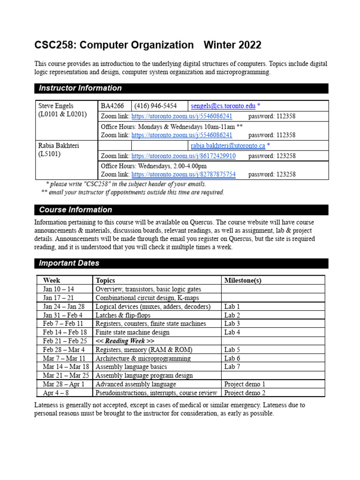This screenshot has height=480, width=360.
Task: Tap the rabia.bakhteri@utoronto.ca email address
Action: pyautogui.click(x=228, y=146)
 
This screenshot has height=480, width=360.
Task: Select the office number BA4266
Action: pyautogui.click(x=112, y=106)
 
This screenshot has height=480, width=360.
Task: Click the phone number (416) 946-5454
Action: pyautogui.click(x=157, y=106)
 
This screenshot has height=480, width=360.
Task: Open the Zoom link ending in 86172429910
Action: pyautogui.click(x=183, y=156)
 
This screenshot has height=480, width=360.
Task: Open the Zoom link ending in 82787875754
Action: pyautogui.click(x=183, y=174)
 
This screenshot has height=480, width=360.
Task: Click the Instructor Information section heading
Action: pyautogui.click(x=80, y=88)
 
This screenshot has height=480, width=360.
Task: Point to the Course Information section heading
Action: pyautogui.click(x=75, y=210)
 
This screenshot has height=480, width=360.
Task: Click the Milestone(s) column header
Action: pyautogui.click(x=242, y=280)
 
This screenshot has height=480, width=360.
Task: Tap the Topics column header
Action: pyautogui.click(x=105, y=280)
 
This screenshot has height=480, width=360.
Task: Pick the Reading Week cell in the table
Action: pyautogui.click(x=125, y=341)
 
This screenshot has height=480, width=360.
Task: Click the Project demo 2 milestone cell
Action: pyautogui.click(x=245, y=393)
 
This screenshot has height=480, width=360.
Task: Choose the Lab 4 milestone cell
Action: pyautogui.click(x=232, y=332)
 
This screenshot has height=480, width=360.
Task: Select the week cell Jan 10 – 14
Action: pyautogui.click(x=59, y=289)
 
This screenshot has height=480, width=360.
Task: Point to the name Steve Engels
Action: pyautogui.click(x=56, y=106)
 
